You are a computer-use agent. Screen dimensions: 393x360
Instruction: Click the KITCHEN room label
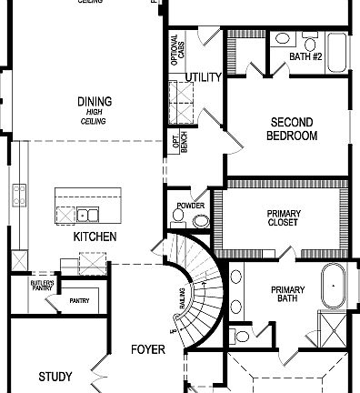[x=95, y=237]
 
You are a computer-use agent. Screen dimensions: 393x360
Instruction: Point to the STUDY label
[x=55, y=376]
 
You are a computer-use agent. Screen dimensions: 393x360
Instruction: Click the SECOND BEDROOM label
[x=292, y=128]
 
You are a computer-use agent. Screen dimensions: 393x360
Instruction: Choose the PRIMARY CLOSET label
[x=284, y=219]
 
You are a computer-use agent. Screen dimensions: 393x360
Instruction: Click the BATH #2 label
[x=306, y=56]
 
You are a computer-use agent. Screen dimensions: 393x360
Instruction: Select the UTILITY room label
[x=204, y=77]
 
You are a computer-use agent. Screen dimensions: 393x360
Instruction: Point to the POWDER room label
[x=191, y=206]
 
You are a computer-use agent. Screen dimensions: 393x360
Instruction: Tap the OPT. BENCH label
[x=176, y=143]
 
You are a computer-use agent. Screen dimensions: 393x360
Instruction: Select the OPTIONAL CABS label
[x=177, y=50]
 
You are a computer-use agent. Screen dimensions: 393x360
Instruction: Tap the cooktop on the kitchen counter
[x=17, y=195]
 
